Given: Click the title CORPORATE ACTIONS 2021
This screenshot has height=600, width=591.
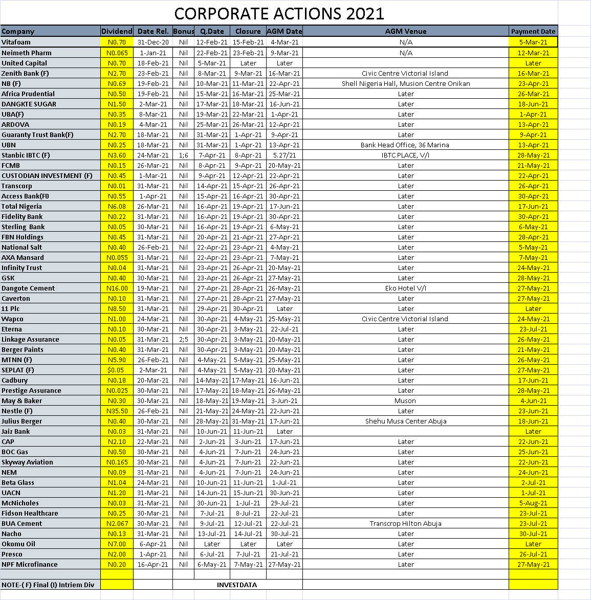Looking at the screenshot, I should [x=279, y=13].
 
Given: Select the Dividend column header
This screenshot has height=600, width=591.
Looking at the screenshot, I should [x=117, y=31].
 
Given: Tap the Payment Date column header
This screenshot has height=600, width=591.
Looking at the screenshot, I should [x=533, y=31].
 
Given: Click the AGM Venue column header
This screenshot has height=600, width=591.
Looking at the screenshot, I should [x=405, y=31].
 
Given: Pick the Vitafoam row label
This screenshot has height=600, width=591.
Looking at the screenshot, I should [x=16, y=42].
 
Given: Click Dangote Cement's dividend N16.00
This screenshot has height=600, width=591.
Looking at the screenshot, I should [x=117, y=288].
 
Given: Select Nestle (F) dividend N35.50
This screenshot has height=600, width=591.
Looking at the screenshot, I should [x=117, y=411].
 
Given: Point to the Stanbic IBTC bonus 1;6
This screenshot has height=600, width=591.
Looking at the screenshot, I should [x=183, y=155].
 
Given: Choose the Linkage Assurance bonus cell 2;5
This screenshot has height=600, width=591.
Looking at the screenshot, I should [x=183, y=339].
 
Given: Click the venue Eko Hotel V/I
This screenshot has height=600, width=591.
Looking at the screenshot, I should [x=405, y=288].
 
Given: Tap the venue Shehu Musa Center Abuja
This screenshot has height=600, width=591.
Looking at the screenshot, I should [x=405, y=421].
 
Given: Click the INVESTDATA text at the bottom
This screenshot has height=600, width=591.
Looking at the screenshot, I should [x=237, y=585].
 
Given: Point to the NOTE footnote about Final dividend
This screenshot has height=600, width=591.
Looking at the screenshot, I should [x=48, y=585].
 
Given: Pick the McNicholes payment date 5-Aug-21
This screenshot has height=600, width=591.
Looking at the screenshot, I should [x=533, y=503].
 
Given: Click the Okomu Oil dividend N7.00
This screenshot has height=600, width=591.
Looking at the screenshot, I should [x=117, y=544].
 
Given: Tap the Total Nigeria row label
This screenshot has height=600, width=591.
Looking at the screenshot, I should [x=22, y=206].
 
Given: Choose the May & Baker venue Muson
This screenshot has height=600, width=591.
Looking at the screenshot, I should [x=405, y=401].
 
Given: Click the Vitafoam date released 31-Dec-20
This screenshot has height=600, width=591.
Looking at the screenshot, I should [x=152, y=42].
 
